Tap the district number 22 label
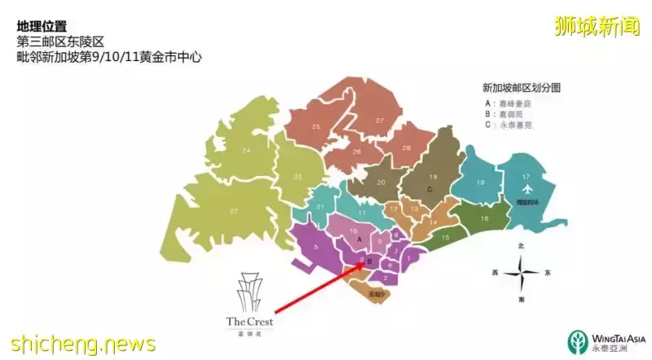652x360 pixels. tap(235, 211)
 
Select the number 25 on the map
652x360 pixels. tap(316, 126)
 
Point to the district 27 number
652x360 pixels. tap(379, 121)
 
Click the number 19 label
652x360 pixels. tap(433, 177)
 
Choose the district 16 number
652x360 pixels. tap(484, 218)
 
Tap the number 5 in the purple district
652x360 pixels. tap(316, 248)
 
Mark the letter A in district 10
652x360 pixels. tap(359, 240)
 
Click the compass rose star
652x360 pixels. tap(522, 273)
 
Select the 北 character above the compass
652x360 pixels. tap(522, 244)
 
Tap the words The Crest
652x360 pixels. tap(249, 322)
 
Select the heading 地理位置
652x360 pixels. tap(42, 26)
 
